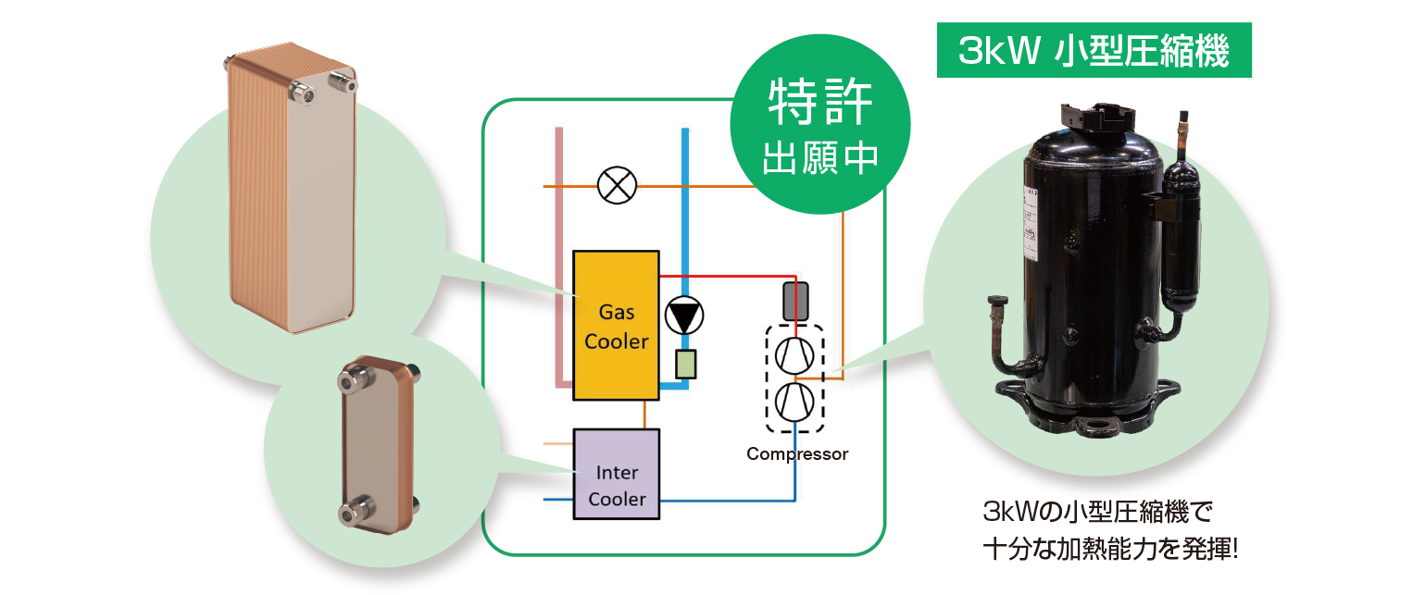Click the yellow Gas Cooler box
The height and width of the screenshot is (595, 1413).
click(616, 325)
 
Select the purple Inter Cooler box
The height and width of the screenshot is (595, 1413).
click(616, 473)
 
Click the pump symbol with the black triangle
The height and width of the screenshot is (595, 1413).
click(684, 316)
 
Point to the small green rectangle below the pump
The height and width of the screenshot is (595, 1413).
click(686, 365)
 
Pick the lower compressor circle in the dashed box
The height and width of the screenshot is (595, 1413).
click(794, 402)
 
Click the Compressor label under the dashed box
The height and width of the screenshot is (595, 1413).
click(796, 454)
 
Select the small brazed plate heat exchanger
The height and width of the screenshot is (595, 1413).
click(377, 444)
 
